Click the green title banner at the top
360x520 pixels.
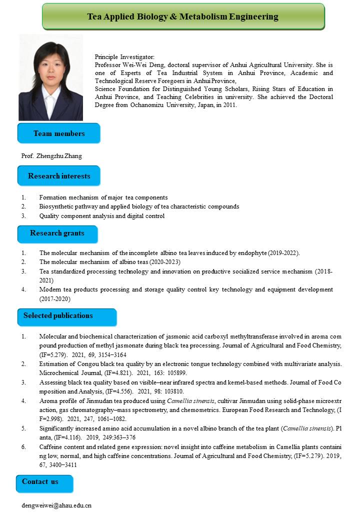(183, 16)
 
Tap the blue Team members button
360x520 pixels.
(59, 133)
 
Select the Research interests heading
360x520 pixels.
(59, 176)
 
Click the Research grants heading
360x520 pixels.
(57, 233)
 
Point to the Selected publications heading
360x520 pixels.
(58, 315)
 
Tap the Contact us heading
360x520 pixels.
(40, 481)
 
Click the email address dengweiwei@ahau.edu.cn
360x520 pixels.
(56, 505)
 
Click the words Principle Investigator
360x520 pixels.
(124, 57)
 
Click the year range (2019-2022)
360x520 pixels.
(283, 253)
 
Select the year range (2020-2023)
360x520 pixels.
(164, 262)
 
